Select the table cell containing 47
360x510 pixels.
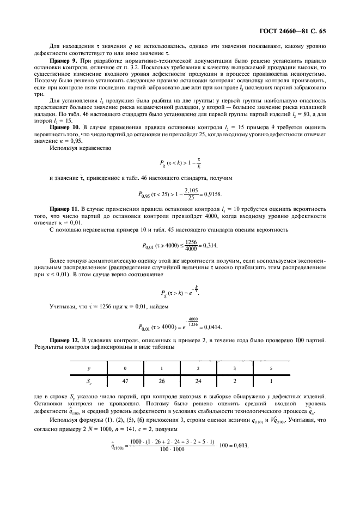tap(126, 382)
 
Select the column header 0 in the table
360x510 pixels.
tap(126, 368)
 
